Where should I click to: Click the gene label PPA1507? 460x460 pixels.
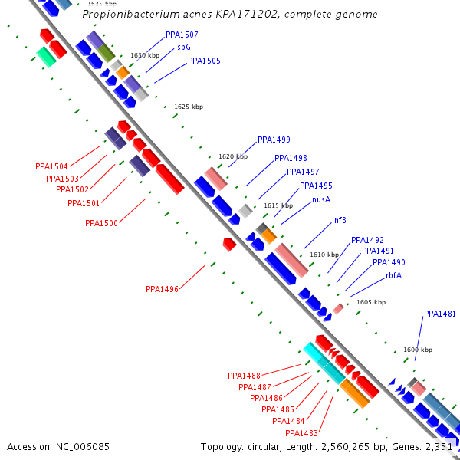(x=182, y=35)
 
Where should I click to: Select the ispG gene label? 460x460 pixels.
(x=182, y=47)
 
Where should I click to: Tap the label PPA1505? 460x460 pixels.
(x=204, y=61)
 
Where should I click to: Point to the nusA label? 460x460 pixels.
(x=321, y=199)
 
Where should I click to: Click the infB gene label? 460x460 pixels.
(x=339, y=220)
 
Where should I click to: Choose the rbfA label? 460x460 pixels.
(x=393, y=275)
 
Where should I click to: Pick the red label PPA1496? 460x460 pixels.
(x=162, y=289)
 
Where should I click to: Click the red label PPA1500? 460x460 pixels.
(x=101, y=223)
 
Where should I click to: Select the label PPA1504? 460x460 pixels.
(x=51, y=166)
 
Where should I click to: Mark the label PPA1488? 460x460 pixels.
(x=244, y=376)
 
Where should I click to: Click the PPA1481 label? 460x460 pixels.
(x=440, y=314)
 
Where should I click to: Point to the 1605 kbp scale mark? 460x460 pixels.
(x=371, y=303)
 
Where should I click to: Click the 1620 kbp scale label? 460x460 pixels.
(x=233, y=157)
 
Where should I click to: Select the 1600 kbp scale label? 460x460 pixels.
(x=417, y=350)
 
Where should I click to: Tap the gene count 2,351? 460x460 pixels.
(x=439, y=446)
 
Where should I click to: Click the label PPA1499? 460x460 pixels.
(x=274, y=140)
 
